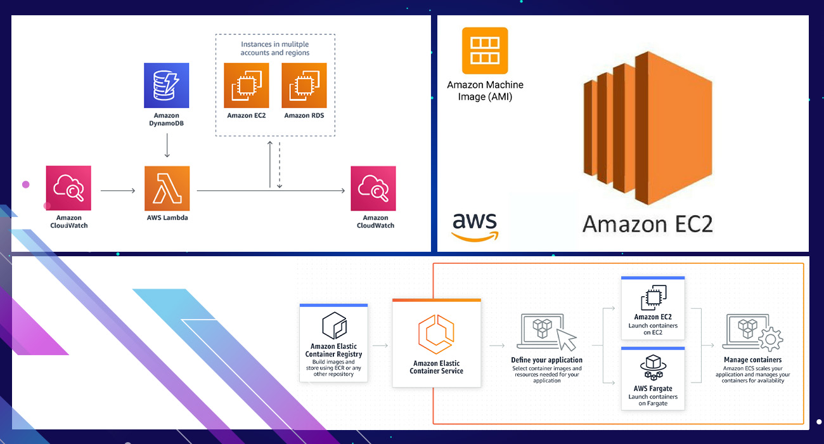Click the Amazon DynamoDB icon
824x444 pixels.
[167, 85]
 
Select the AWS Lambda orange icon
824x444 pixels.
[167, 188]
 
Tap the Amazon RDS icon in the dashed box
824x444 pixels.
[304, 85]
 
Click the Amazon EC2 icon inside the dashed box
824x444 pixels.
[247, 85]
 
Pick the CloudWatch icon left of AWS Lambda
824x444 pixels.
[68, 188]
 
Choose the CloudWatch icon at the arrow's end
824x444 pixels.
[373, 188]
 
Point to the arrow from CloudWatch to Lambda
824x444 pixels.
[118, 190]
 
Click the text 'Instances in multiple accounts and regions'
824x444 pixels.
[275, 49]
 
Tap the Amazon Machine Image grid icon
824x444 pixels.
[485, 51]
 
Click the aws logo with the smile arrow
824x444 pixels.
[475, 226]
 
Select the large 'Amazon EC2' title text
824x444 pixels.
[648, 223]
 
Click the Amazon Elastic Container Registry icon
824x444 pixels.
[333, 325]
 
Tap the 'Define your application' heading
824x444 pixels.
[546, 360]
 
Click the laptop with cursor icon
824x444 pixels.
[546, 331]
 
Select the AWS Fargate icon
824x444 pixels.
[652, 366]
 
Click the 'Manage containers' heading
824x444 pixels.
[753, 360]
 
